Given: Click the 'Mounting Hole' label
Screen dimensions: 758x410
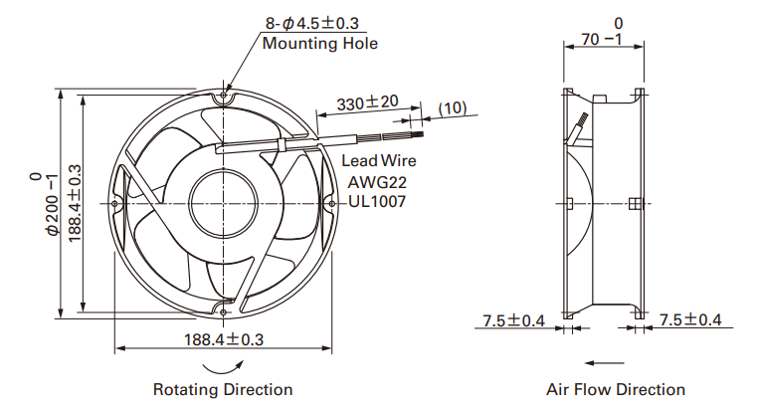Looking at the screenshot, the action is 319,43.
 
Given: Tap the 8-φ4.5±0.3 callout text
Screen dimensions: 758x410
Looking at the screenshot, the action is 311,23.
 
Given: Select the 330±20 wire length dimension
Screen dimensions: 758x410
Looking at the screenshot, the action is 367,102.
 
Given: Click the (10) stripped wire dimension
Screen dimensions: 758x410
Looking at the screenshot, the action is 453,107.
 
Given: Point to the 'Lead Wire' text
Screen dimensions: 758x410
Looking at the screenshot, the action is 379,160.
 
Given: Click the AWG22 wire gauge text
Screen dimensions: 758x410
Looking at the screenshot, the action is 377,182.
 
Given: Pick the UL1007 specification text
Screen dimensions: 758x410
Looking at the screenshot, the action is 377,201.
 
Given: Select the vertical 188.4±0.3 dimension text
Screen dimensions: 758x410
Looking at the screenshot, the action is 74,204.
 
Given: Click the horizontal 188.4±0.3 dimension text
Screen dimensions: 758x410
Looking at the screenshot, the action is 224,339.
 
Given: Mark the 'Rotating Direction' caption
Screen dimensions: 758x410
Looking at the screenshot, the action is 223,389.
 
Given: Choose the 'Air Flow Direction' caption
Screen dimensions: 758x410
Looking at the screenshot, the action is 616,389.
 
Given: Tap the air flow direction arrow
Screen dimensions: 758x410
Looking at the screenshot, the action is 604,362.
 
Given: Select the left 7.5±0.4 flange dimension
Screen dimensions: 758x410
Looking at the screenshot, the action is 513,320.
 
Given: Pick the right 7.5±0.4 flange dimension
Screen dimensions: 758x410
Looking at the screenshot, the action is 690,319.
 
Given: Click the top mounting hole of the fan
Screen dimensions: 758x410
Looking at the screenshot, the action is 223,96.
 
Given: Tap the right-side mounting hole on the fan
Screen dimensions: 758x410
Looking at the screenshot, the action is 331,204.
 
